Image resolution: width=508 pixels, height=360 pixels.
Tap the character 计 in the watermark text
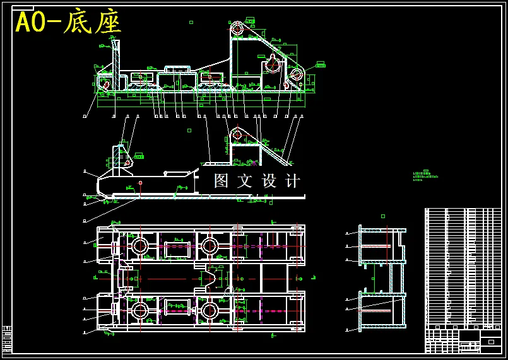(293, 181)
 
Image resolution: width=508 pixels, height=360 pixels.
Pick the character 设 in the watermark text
(269, 181)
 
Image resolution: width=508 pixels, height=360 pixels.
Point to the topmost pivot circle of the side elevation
(237, 28)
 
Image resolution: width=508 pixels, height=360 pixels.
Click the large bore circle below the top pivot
(273, 63)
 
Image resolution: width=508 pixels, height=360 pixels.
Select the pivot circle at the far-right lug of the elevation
(296, 74)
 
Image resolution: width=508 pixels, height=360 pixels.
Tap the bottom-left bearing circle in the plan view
(139, 310)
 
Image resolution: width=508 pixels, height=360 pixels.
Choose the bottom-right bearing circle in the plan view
(210, 310)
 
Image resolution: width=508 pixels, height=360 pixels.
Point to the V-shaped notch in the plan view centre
(214, 277)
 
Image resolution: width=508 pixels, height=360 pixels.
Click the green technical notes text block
(425, 176)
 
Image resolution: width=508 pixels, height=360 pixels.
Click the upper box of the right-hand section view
(382, 245)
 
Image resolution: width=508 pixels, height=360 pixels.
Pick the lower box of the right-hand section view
(382, 310)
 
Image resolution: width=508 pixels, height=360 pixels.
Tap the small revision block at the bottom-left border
(7, 339)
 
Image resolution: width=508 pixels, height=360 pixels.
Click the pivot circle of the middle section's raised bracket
(237, 134)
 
